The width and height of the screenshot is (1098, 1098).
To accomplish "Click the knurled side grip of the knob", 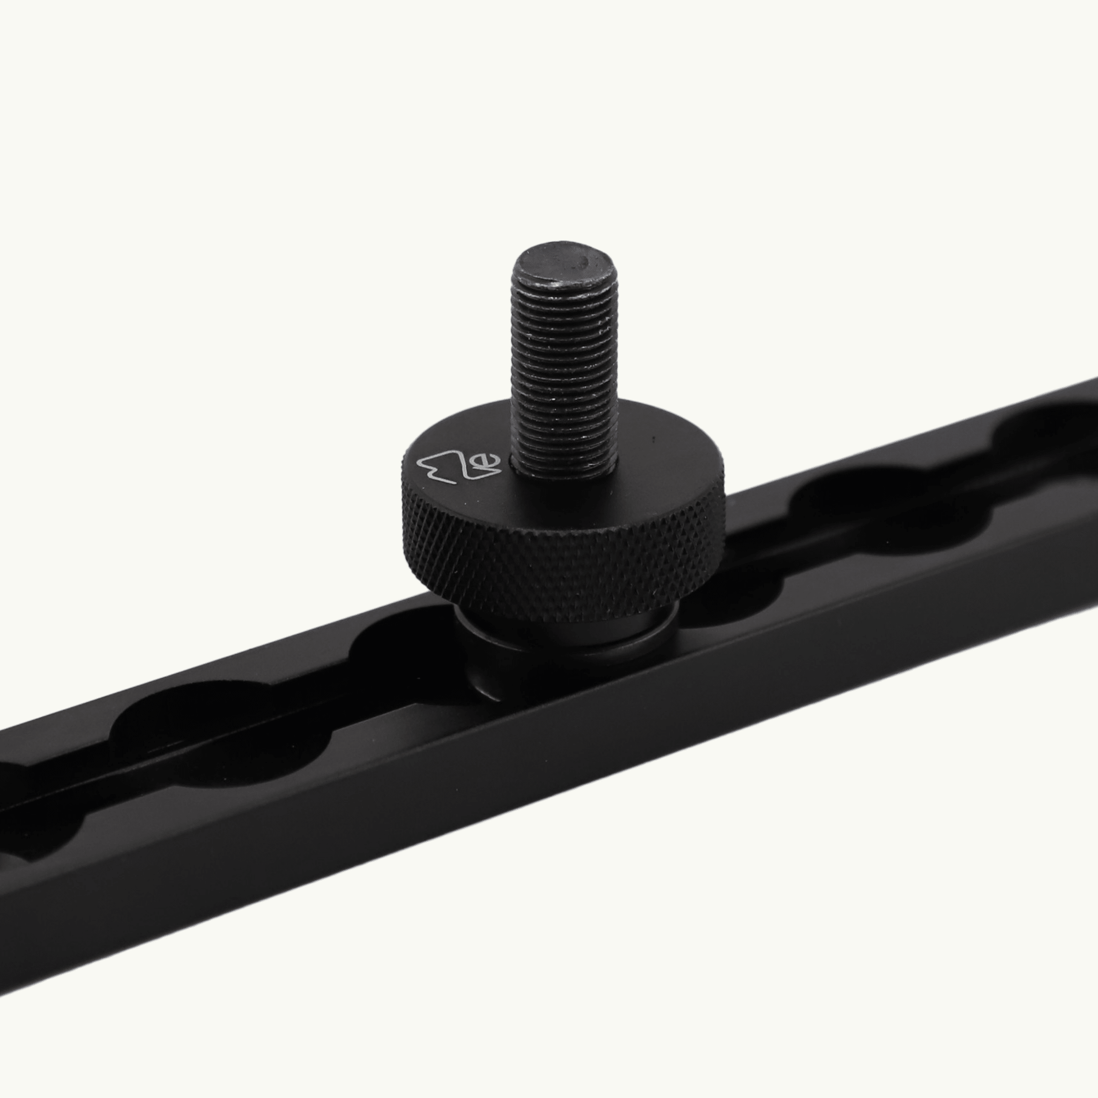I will (562, 562).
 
